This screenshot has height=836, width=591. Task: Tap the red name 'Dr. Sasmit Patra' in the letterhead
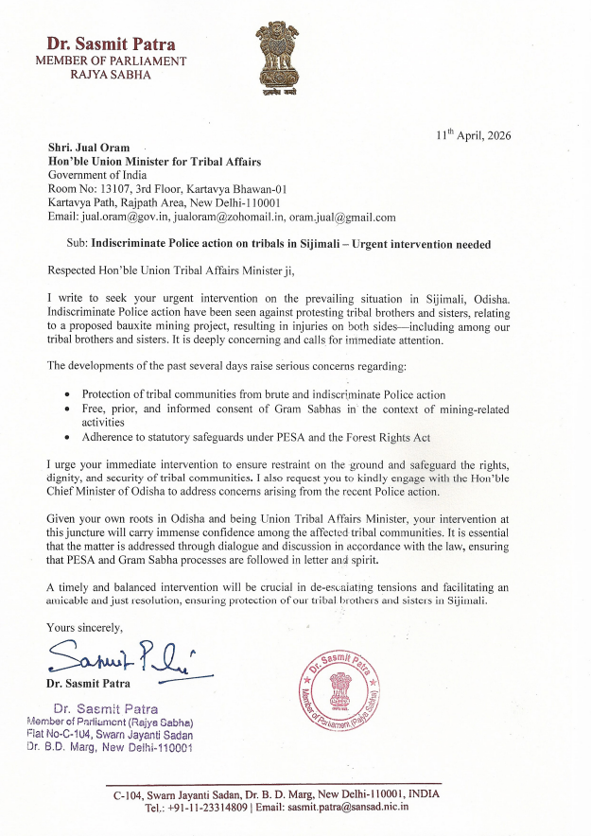pos(111,44)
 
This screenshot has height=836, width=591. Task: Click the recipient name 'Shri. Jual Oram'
pos(90,148)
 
